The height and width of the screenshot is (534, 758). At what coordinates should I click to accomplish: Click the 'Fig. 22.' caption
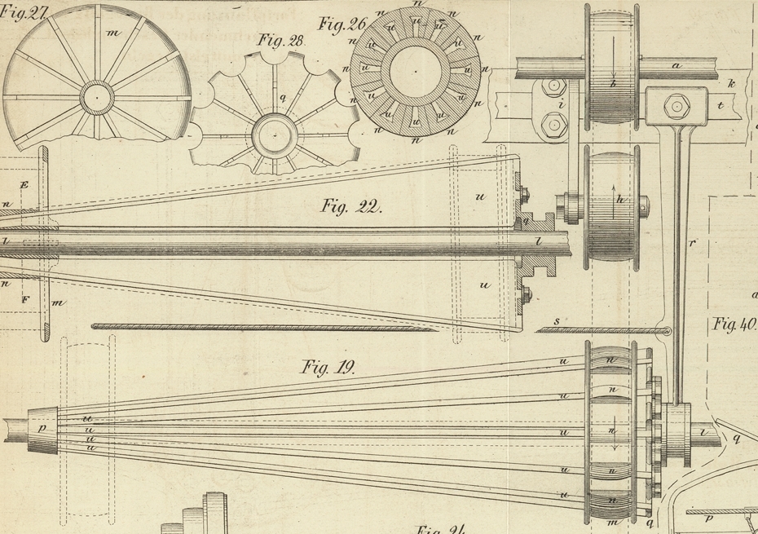click(x=351, y=206)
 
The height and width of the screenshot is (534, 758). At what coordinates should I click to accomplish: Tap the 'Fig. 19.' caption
click(x=328, y=368)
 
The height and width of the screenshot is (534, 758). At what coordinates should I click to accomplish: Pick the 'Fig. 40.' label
click(x=734, y=324)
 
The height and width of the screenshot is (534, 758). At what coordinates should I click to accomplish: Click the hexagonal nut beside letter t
click(x=676, y=104)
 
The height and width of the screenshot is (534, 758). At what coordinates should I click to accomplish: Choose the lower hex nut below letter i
click(x=554, y=125)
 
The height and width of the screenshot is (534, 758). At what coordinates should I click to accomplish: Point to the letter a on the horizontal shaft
click(x=676, y=64)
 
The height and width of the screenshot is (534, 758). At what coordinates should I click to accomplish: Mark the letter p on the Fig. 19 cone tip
click(x=42, y=426)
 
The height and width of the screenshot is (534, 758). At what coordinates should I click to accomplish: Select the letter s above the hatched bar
click(x=557, y=321)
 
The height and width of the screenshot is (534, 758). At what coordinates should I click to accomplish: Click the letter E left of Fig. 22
click(x=24, y=185)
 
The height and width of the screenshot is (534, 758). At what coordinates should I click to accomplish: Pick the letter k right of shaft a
click(x=731, y=82)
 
